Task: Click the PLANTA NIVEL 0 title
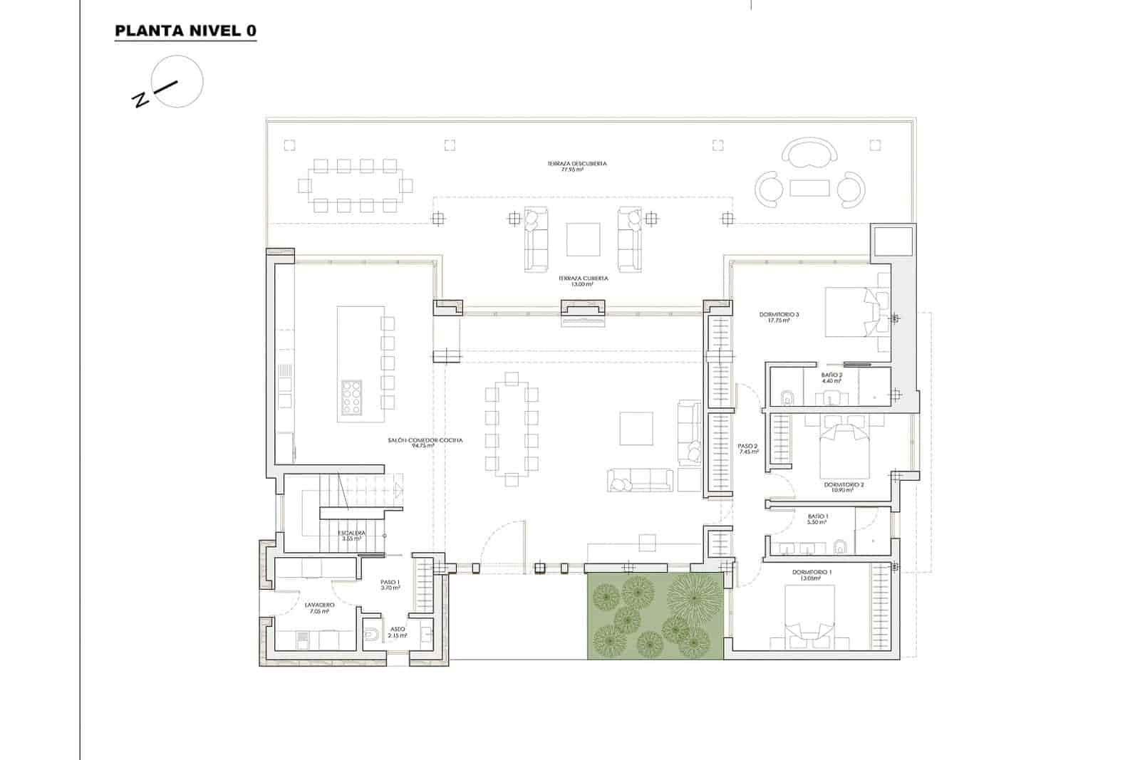[185, 31]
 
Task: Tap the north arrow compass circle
[178, 82]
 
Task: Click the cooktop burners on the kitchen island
[352, 397]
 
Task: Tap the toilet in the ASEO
[371, 634]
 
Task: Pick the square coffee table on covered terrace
[583, 239]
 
